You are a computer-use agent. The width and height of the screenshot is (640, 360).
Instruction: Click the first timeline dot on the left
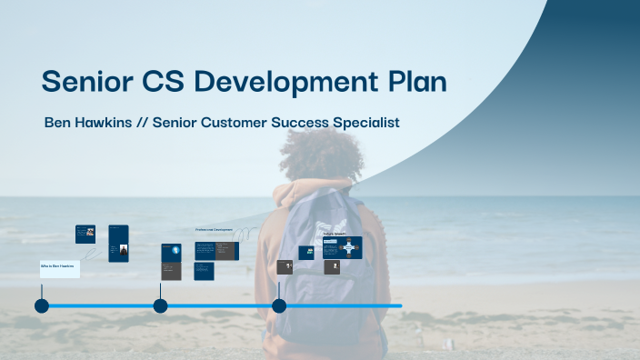[42, 305]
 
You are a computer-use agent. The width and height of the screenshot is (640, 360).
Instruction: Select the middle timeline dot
[160, 305]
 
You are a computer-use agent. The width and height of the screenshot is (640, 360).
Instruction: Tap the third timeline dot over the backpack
[279, 305]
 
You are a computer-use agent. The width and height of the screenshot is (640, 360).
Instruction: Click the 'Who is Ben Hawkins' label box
[60, 269]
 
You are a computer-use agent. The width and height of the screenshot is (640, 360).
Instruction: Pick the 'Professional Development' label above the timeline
[214, 230]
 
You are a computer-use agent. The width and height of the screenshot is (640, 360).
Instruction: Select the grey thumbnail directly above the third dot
[285, 267]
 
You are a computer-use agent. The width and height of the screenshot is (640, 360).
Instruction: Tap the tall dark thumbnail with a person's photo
[118, 244]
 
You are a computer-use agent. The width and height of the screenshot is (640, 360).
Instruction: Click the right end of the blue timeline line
[399, 305]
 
